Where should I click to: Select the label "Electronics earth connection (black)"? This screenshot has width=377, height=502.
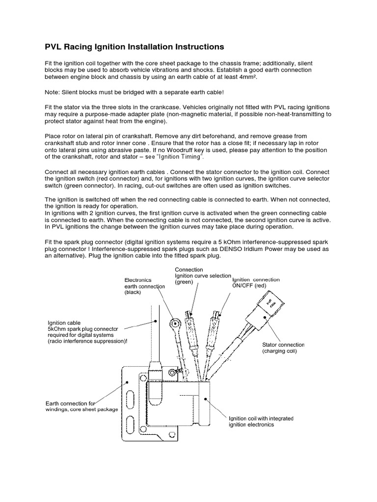click(x=140, y=286)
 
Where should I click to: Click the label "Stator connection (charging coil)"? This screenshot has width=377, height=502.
click(x=283, y=348)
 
